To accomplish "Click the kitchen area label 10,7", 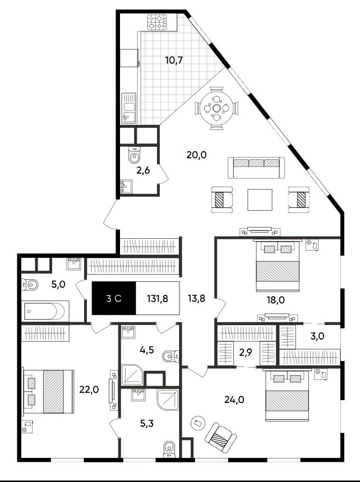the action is pos(174,60).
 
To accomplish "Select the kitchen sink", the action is pos(129,108).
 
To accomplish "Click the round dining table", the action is pos(216,108).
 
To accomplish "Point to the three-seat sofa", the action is pos(256,168).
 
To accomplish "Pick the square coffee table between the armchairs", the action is pos(260,200).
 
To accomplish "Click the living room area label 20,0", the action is pos(196,155).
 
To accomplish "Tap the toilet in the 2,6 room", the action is pos(134,155).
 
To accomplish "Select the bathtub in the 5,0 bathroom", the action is pos(45,311).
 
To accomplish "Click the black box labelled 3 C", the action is pos(114,298).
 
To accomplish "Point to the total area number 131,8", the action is pos(157,299).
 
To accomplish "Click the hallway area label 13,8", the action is pos(196,299).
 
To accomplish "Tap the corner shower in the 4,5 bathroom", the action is pos(132,374).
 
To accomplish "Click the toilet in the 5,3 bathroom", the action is pos(169,449).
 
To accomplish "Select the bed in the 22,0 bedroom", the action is pos(48,392).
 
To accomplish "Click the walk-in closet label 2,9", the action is pos(246,353).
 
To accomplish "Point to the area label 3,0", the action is pos(317,336).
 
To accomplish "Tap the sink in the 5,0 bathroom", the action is pos(74,263).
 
